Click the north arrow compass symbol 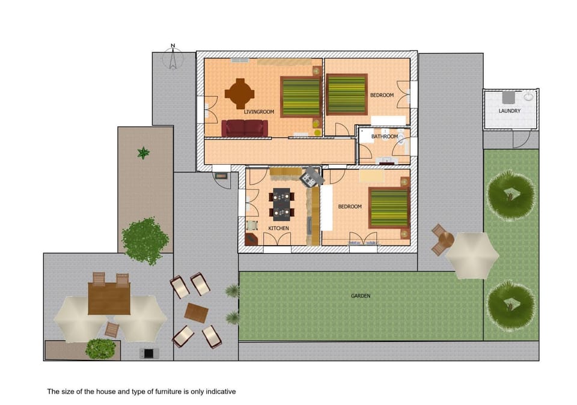[x=173, y=58]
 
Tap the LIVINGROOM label [x=259, y=112]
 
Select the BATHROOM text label [x=384, y=136]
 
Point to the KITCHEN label [x=278, y=228]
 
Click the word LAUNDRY [x=509, y=111]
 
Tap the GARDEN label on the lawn [x=361, y=296]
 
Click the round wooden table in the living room [x=239, y=93]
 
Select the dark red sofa [x=244, y=128]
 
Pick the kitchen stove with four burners [x=312, y=176]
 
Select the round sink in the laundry [x=528, y=96]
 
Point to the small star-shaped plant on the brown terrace [x=143, y=153]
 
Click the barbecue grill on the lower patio [x=147, y=353]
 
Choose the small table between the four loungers [x=196, y=312]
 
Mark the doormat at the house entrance [x=221, y=176]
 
